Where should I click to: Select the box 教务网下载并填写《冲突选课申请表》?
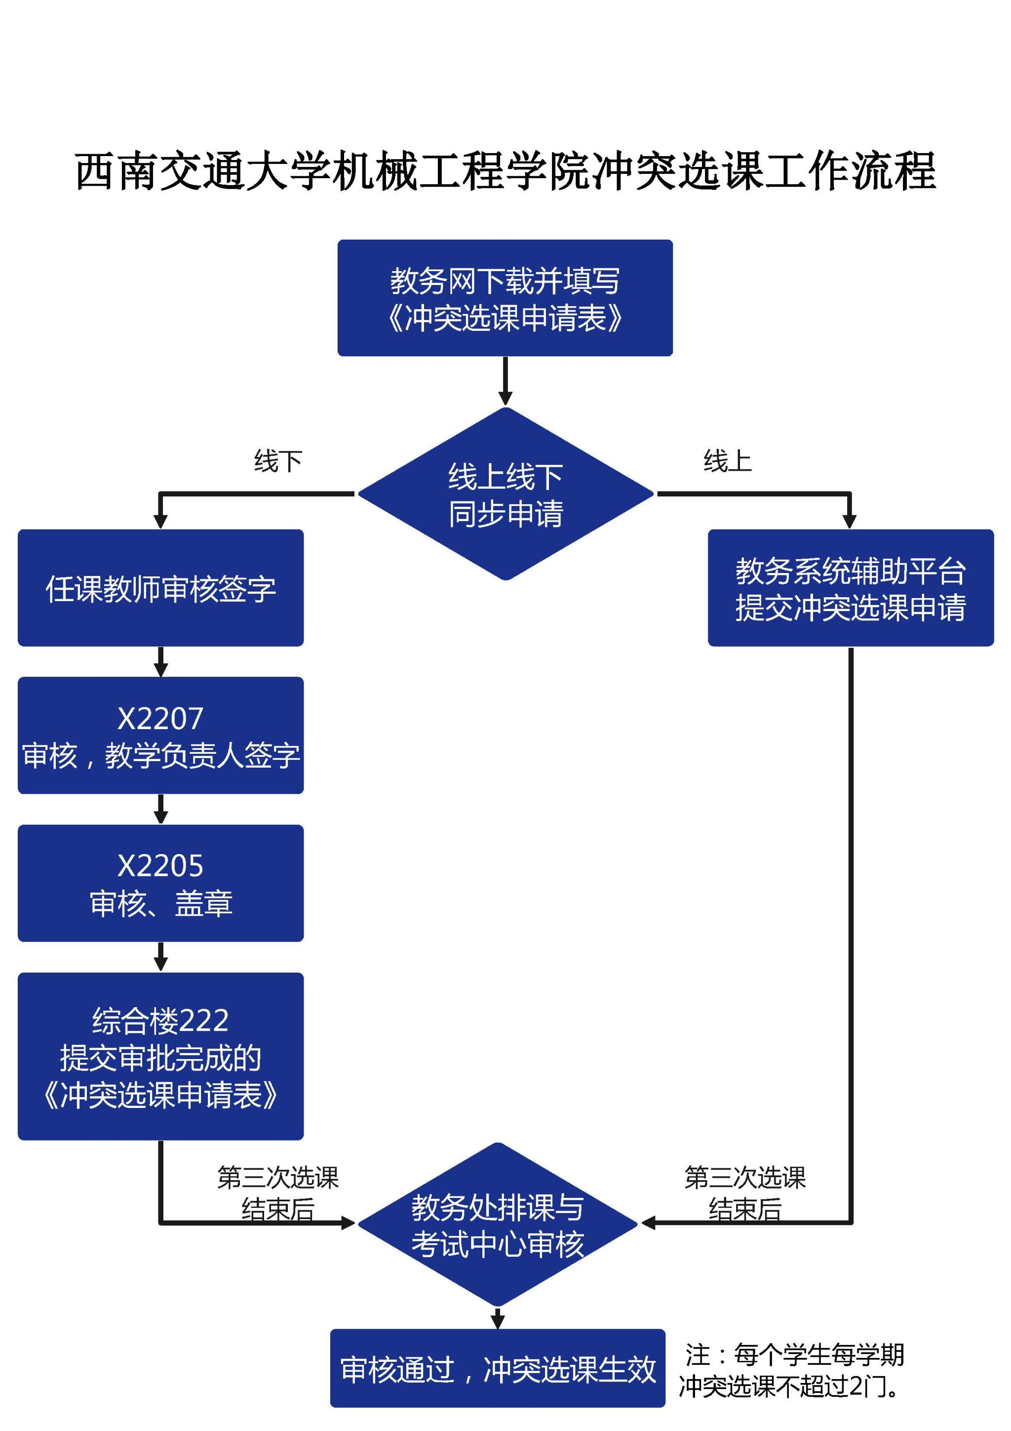point(505,298)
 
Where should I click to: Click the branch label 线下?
point(278,461)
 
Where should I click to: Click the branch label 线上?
point(728,461)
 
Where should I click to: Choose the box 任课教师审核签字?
point(161,588)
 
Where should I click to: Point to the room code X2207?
point(161,719)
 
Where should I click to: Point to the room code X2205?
point(161,866)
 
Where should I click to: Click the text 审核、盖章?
point(161,903)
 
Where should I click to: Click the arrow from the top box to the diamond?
point(505,381)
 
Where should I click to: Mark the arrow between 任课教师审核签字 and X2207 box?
point(161,662)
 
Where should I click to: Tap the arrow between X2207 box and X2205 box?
point(161,809)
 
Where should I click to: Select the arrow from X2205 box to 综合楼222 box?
point(161,957)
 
